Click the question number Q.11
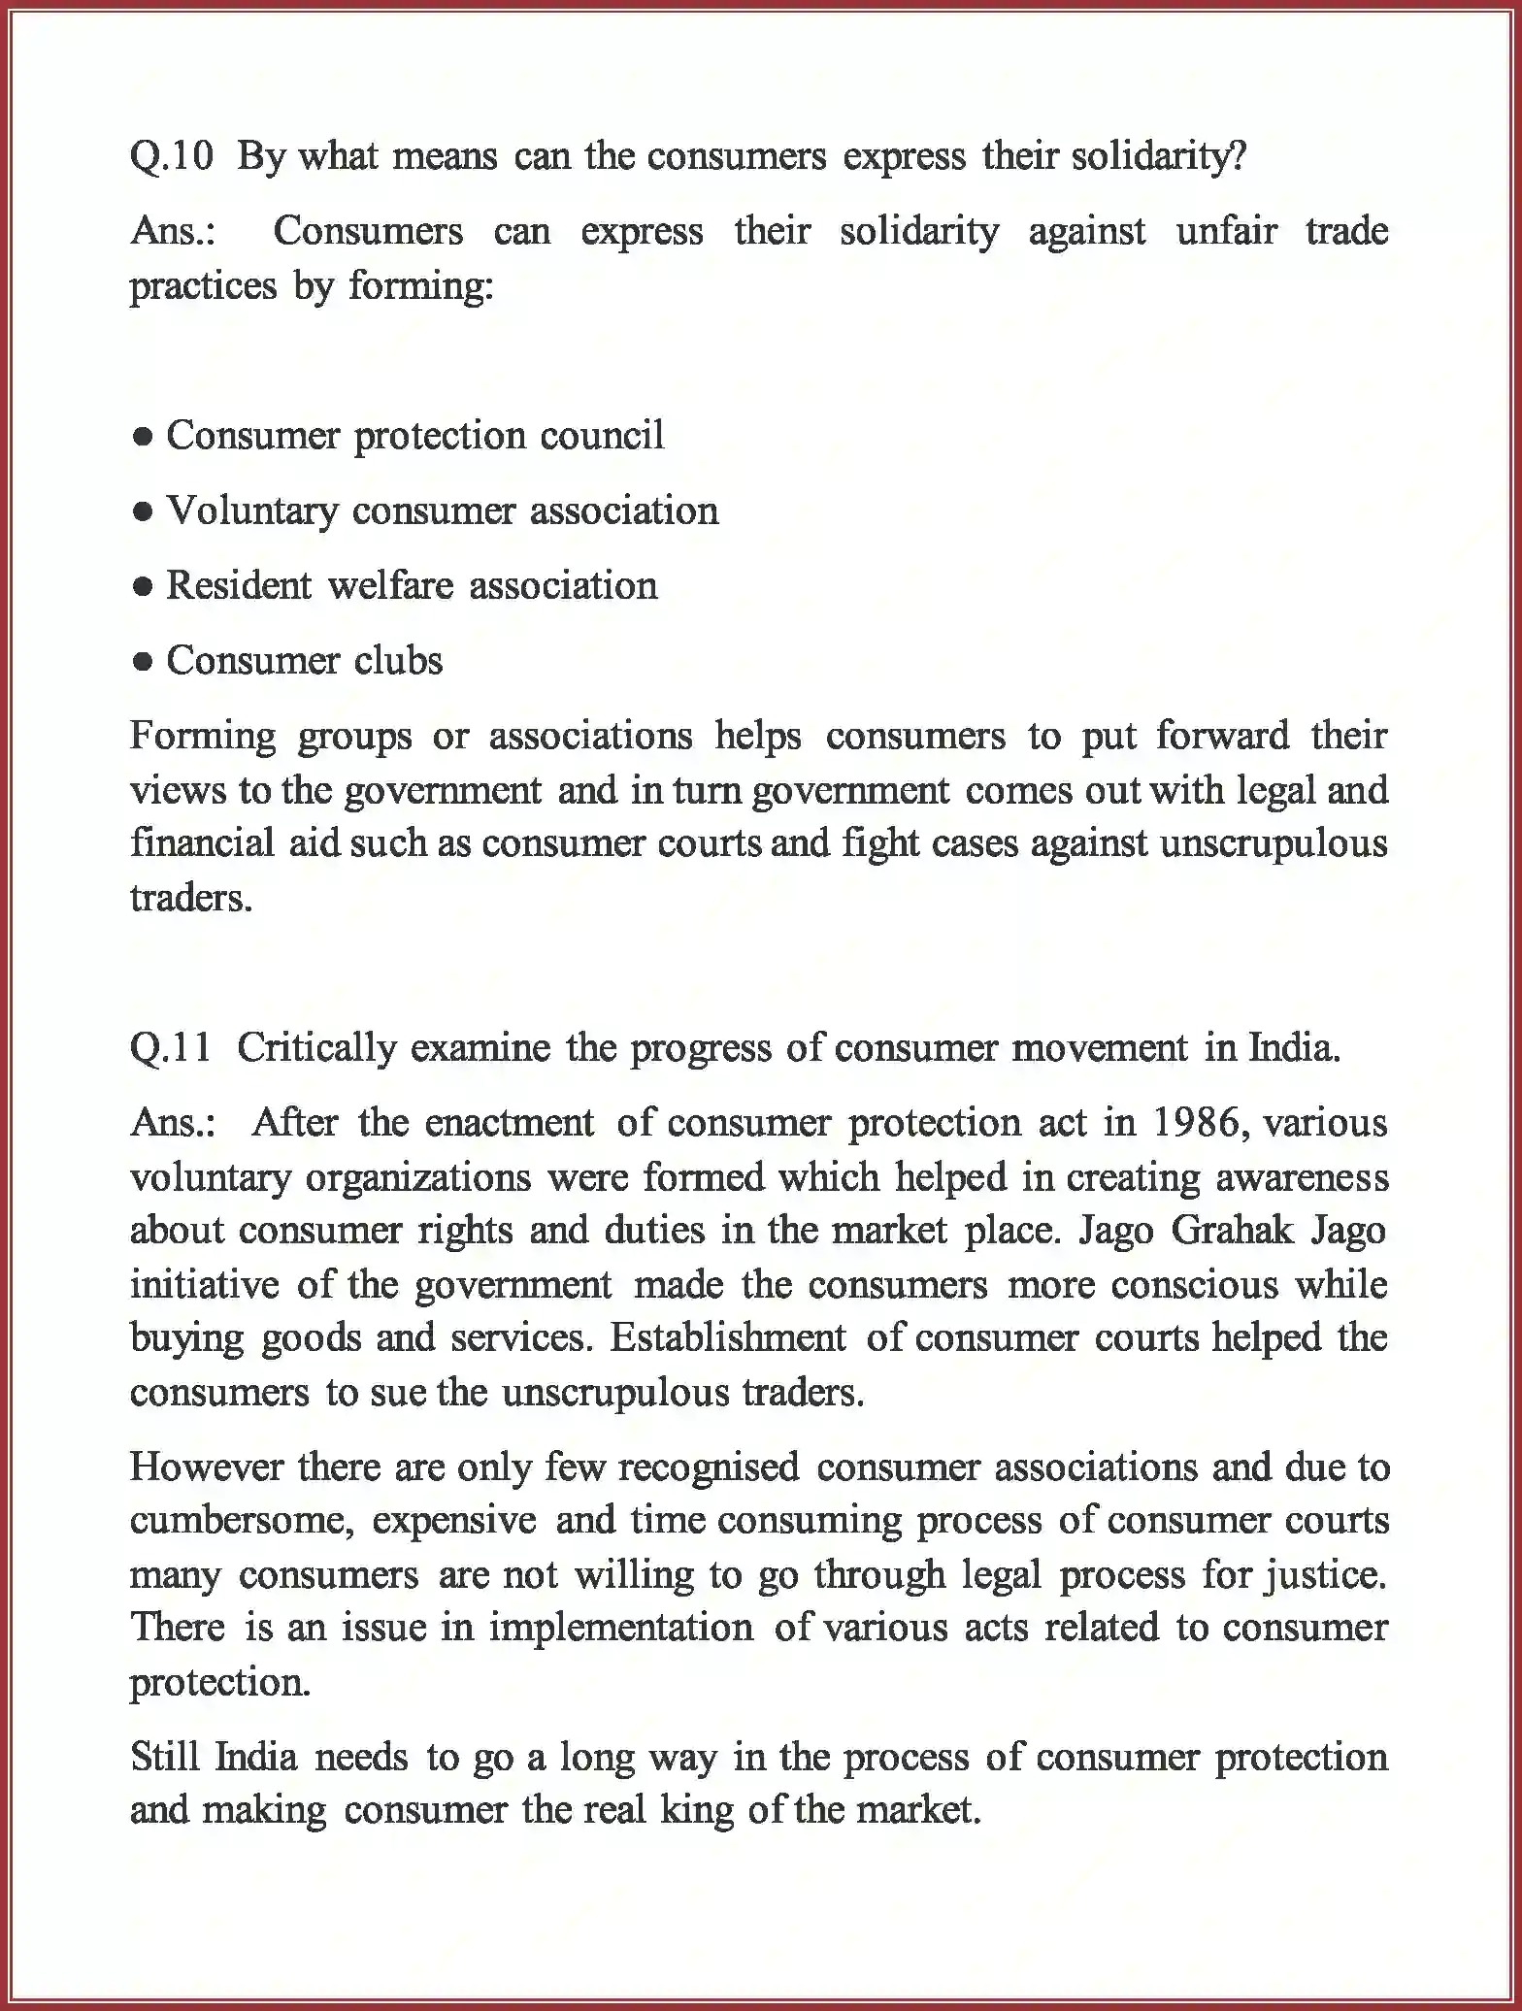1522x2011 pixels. pos(171,1048)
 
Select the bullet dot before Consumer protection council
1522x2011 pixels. pos(143,438)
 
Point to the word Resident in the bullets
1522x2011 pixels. pos(238,586)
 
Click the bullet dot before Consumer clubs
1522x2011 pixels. pos(143,663)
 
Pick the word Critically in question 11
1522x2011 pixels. pos(315,1048)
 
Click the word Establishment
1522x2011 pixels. pos(728,1338)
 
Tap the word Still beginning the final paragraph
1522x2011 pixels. pos(164,1757)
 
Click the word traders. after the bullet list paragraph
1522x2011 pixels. pos(190,898)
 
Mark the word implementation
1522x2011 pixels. pos(620,1627)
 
